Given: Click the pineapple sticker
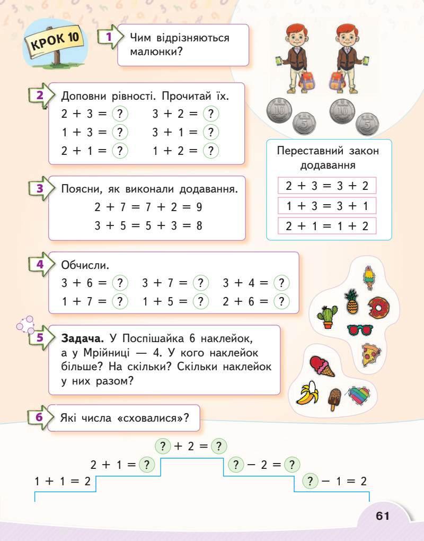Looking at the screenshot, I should pos(352,301).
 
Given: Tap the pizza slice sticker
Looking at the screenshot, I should pos(371,354).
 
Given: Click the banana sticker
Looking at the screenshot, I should pos(306,394).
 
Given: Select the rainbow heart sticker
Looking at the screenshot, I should pos(359,394).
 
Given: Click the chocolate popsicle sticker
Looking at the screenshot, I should pos(334,399).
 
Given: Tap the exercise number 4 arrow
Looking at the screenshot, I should pos(40,264).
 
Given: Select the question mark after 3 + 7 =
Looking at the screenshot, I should pos(200,283).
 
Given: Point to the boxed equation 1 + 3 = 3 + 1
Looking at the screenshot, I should pos(327,206).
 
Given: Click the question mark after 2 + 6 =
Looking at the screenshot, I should pos(281,302).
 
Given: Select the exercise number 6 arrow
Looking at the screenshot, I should pos(40,417).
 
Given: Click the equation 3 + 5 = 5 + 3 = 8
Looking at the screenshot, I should pos(148,225).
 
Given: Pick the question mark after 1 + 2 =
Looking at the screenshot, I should pos(211,151).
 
